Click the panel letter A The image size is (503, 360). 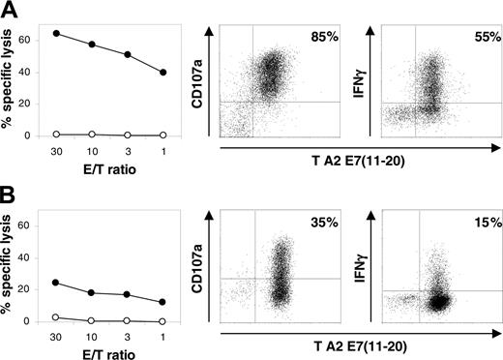tap(11, 11)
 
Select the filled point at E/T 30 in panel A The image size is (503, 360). tap(56, 33)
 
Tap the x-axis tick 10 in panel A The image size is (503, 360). tap(92, 152)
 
